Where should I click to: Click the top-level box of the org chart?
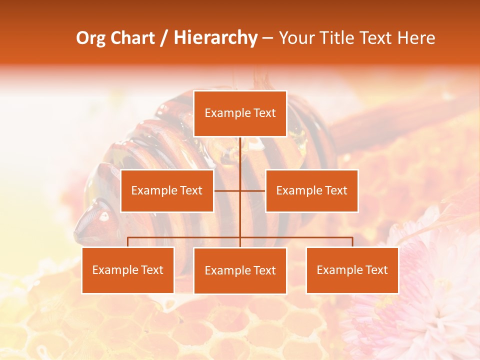(x=240, y=113)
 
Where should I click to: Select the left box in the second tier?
(x=167, y=190)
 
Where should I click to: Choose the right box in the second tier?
(x=311, y=190)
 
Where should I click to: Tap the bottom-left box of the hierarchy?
(x=128, y=270)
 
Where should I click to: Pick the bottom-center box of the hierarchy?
(x=240, y=270)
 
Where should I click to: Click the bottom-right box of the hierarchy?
(x=352, y=270)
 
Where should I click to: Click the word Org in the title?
(x=90, y=38)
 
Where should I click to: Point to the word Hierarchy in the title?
(x=215, y=38)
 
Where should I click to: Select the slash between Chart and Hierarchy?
(x=164, y=38)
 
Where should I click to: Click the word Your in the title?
(x=296, y=38)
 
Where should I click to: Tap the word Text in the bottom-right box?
(x=376, y=270)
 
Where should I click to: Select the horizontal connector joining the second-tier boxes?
(x=227, y=190)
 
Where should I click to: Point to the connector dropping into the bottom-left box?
(x=128, y=242)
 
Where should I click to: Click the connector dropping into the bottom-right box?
(x=352, y=242)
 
